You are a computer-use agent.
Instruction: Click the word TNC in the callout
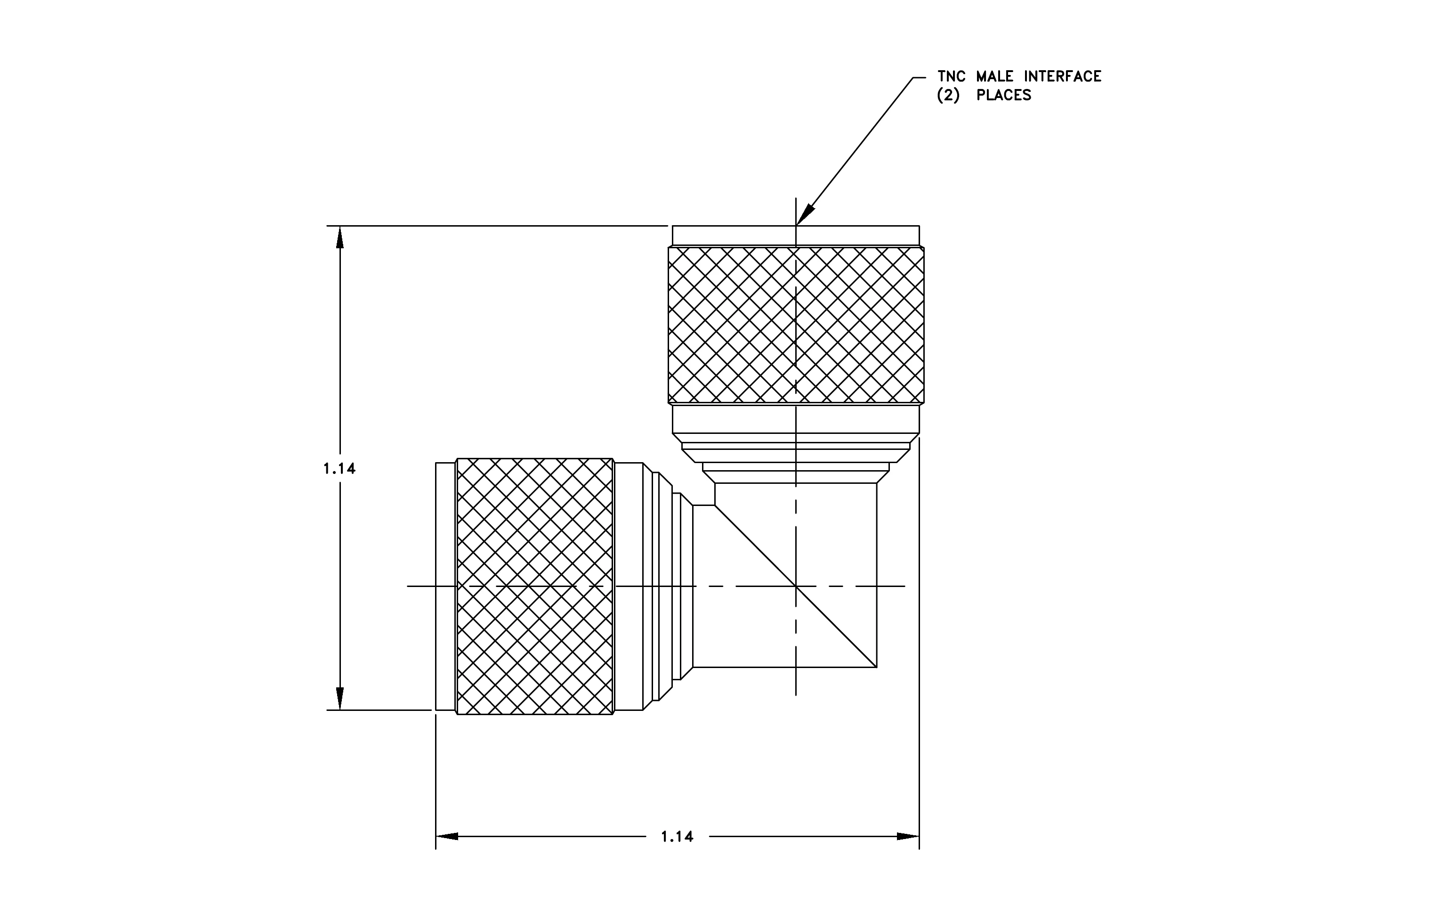[x=951, y=76]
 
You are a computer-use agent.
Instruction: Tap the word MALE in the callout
[x=994, y=76]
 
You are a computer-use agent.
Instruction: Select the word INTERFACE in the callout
[x=1063, y=76]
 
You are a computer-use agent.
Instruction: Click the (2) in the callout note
[x=948, y=95]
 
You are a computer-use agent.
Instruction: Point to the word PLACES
[x=1003, y=95]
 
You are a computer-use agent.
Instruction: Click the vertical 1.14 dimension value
[x=339, y=468]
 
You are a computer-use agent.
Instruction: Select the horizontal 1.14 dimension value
[x=677, y=836]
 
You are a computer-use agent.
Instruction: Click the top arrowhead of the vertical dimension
[x=339, y=236]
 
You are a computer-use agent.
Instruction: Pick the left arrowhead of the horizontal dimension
[x=447, y=836]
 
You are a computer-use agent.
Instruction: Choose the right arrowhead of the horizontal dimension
[x=908, y=836]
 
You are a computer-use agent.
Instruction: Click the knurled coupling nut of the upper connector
[x=796, y=325]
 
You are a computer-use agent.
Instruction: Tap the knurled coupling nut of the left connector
[x=535, y=587]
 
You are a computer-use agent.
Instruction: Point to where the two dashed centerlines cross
[x=796, y=586]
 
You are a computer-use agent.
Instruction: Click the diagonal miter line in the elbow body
[x=796, y=586]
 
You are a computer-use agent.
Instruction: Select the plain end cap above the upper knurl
[x=796, y=235]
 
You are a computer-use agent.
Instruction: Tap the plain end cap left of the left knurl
[x=446, y=587]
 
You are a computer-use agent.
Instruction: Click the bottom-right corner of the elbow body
[x=877, y=667]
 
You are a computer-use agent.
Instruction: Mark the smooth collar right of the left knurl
[x=629, y=587]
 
